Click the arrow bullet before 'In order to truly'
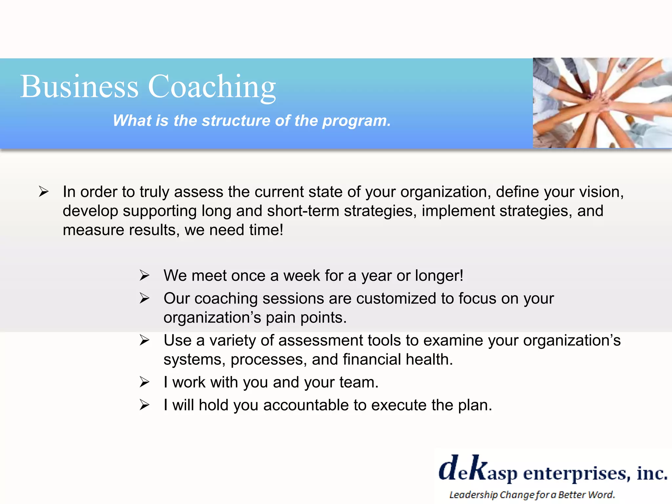click(x=43, y=192)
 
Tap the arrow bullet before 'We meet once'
click(x=144, y=275)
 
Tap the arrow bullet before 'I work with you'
click(x=144, y=382)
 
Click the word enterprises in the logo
click(x=577, y=473)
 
